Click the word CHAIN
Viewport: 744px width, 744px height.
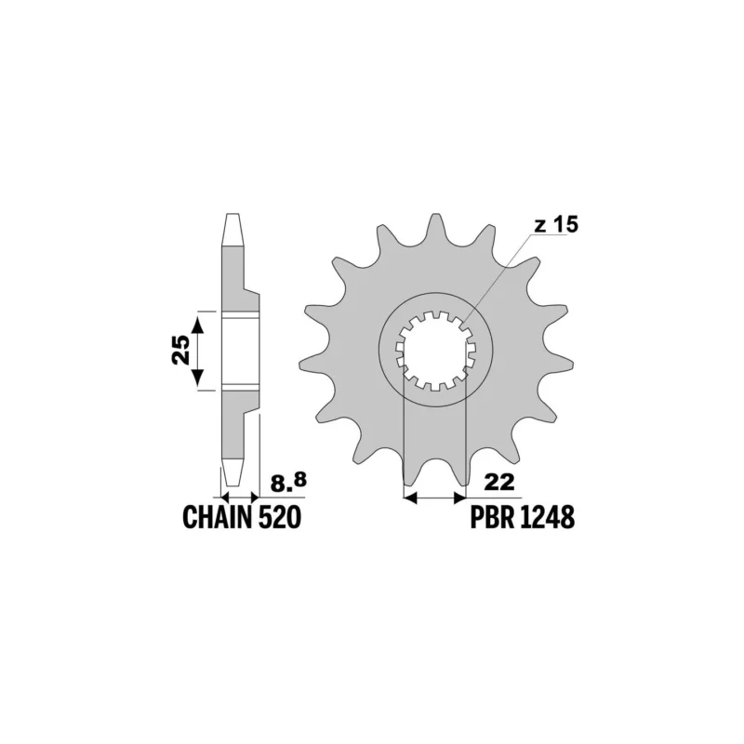[217, 517]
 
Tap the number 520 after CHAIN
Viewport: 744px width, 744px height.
[280, 517]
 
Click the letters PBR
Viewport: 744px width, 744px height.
[493, 517]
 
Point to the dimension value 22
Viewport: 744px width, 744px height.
[499, 483]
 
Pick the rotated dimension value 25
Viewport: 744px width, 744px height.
[180, 350]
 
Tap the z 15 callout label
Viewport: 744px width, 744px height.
[556, 226]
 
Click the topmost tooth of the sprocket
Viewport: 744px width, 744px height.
[434, 227]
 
